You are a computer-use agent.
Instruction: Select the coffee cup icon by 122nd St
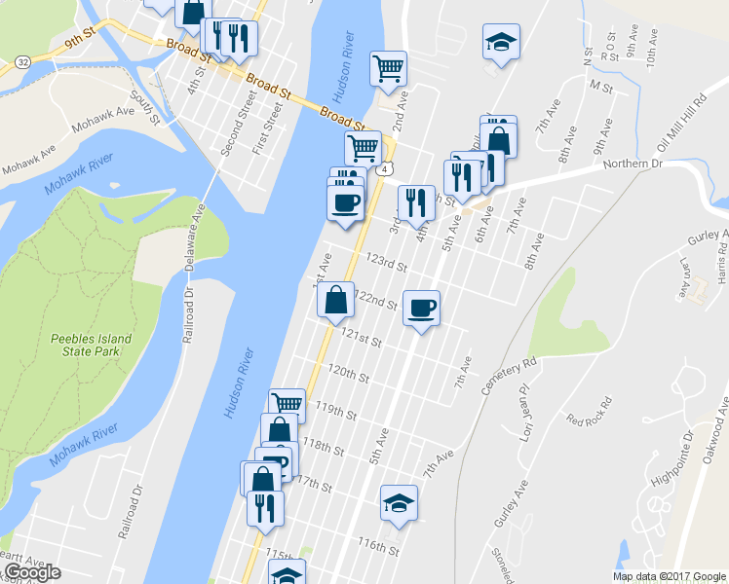pyautogui.click(x=421, y=309)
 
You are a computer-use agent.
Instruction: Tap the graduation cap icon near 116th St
pyautogui.click(x=399, y=503)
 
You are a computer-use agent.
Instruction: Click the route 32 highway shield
pyautogui.click(x=21, y=61)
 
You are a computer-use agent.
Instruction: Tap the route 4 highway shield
pyautogui.click(x=387, y=169)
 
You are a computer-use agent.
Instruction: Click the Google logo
pyautogui.click(x=31, y=572)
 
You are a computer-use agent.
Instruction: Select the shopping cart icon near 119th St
pyautogui.click(x=287, y=403)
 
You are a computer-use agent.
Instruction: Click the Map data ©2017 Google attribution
pyautogui.click(x=669, y=576)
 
